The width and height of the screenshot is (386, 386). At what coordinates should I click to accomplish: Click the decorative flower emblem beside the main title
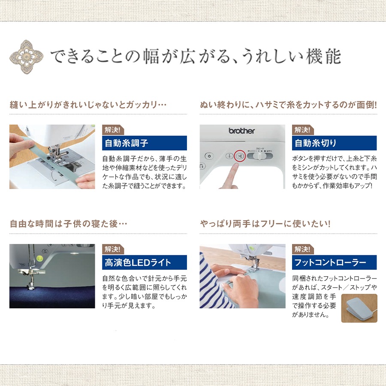26,57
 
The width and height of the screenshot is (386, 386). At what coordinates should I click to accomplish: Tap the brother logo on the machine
241,131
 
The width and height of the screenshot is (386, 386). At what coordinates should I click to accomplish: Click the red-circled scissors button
240,156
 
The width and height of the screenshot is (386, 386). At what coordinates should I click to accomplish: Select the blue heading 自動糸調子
145,143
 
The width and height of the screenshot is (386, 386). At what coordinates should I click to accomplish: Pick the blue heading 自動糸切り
334,143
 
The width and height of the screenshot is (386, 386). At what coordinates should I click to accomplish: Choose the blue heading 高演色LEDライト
145,262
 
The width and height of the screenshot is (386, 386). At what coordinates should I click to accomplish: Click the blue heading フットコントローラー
334,262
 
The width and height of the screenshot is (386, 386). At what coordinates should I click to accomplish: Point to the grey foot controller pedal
358,308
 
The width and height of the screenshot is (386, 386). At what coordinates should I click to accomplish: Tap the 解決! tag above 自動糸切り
303,130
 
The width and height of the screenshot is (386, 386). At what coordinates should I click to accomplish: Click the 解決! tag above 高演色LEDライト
113,249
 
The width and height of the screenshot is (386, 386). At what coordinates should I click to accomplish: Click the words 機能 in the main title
323,56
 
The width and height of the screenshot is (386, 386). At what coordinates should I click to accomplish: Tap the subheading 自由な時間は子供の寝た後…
69,224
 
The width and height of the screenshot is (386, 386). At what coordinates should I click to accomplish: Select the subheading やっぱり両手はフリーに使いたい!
265,224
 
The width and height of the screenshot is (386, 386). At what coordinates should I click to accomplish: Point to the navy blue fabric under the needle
52,297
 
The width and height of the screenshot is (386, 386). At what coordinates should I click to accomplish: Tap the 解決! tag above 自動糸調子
113,130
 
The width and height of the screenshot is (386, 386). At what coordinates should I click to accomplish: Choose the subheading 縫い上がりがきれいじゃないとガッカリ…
88,105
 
